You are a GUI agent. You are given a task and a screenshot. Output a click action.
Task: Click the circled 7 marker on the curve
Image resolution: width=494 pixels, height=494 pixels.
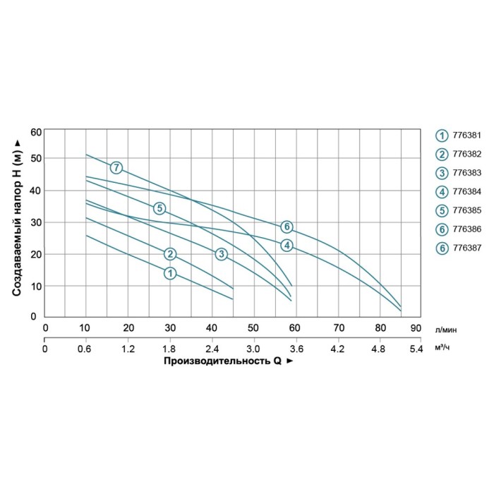pyautogui.click(x=116, y=168)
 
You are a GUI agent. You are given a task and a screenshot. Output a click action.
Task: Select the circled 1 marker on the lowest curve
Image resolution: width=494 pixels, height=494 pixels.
pyautogui.click(x=169, y=273)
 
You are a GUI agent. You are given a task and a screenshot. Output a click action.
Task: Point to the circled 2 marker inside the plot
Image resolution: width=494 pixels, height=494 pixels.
pyautogui.click(x=169, y=254)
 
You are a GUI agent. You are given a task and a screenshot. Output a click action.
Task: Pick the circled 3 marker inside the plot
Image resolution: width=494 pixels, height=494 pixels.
pyautogui.click(x=221, y=254)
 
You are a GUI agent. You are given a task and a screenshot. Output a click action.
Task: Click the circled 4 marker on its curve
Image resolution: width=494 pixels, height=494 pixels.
pyautogui.click(x=286, y=246)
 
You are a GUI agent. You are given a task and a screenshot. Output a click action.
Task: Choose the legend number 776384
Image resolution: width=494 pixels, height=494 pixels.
pyautogui.click(x=465, y=191)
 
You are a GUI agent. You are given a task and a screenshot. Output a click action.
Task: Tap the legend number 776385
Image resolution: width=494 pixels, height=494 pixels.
pyautogui.click(x=465, y=210)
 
